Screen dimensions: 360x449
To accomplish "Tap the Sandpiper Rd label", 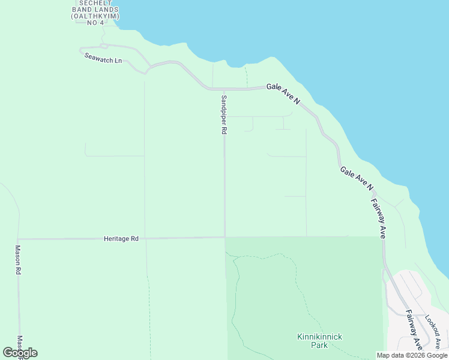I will coord(223,114).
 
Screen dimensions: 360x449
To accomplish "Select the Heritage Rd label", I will coord(121,239).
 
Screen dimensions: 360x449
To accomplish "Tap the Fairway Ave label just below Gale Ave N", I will coord(378,218).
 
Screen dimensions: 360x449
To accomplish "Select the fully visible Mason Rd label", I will coord(19,260).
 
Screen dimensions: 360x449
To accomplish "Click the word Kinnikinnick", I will coord(319,337).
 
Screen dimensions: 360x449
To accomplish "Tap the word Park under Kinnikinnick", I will coord(319,345).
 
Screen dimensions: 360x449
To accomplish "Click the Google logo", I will coord(20,353).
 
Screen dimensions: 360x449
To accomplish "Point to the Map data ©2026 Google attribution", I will coord(412,356).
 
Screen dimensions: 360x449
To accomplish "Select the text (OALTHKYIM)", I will coord(95,16).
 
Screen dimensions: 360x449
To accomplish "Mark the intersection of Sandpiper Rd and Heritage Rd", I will coord(225,238).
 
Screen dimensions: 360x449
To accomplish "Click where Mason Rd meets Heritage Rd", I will coord(19,239).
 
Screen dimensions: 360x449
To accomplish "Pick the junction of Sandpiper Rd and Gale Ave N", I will coord(223,89).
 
